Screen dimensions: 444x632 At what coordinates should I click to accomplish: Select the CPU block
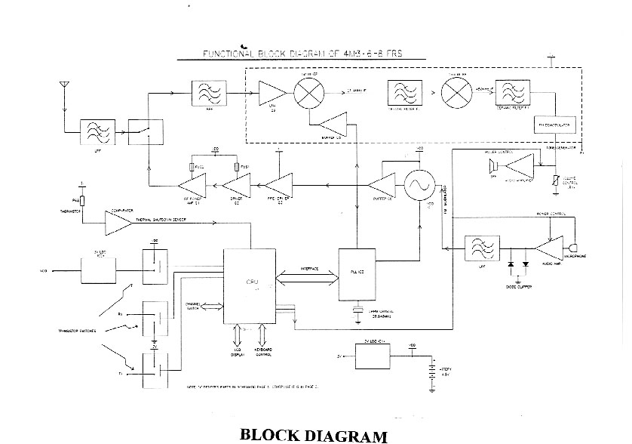pyautogui.click(x=252, y=285)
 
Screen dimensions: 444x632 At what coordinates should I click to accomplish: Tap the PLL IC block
pyautogui.click(x=357, y=273)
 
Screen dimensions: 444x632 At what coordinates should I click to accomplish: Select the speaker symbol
pyautogui.click(x=493, y=168)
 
